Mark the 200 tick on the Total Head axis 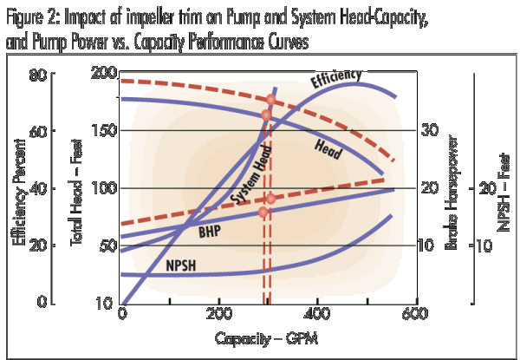click(x=104, y=75)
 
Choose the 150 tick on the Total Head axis click(x=104, y=131)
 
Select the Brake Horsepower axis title click(x=452, y=187)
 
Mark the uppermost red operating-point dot click(x=270, y=100)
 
